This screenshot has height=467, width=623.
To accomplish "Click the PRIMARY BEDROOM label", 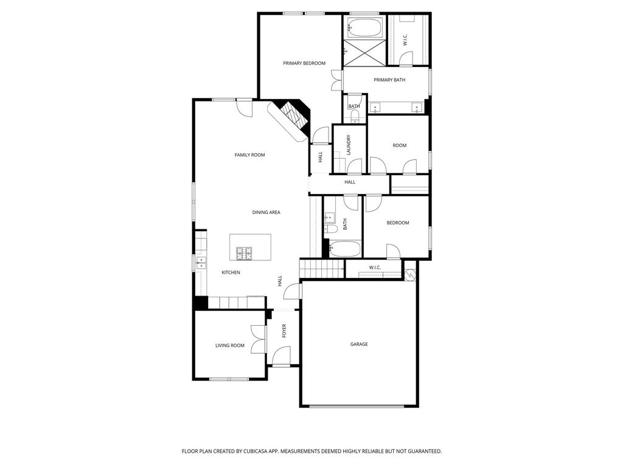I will coord(304,63).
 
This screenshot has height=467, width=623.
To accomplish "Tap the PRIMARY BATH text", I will coord(389,80).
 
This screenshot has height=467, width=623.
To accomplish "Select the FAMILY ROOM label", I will coord(249,155).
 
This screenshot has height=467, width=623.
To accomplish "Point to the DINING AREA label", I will coord(266,212).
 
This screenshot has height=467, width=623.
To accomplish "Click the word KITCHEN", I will coord(231,272).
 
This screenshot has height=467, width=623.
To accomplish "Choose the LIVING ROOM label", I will coord(229,345).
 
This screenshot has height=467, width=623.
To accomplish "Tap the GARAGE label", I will coord(358,344).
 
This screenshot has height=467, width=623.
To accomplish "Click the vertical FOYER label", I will coord(284,331).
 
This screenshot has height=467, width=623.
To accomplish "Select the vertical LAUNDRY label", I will coord(349,145).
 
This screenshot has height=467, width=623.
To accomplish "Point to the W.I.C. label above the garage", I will coord(374,268).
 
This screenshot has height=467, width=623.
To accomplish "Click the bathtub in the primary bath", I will coord(364,28).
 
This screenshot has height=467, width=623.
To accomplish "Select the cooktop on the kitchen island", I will coord(245,251).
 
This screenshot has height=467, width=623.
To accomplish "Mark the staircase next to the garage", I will coord(321,268).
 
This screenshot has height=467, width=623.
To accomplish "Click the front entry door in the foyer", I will coord(281,356).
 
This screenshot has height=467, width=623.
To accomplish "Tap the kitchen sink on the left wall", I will coord(201,263).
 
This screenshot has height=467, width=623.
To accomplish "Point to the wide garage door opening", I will coord(358,406).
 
